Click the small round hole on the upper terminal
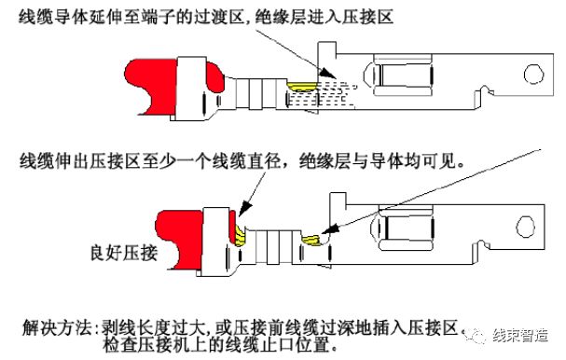(532, 74)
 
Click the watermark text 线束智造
(522, 337)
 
